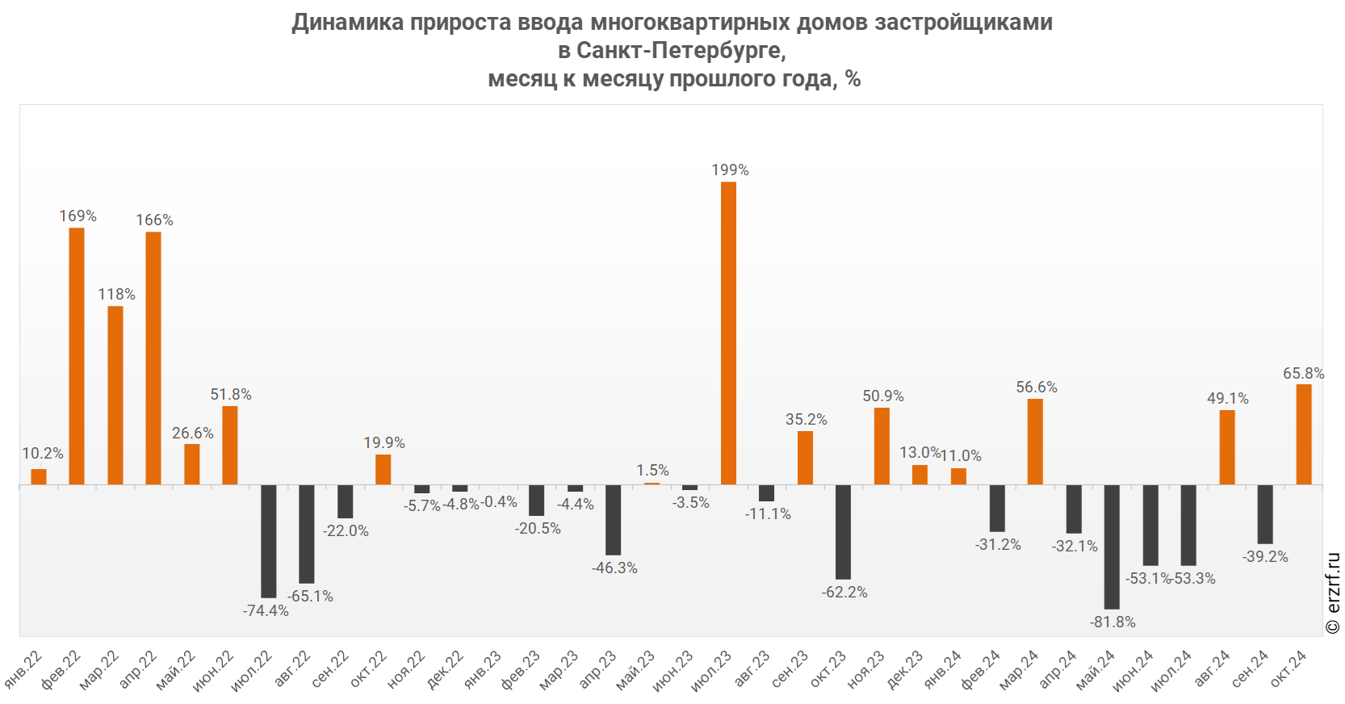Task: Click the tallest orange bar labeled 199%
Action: click(x=728, y=333)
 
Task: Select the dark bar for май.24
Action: click(x=1112, y=547)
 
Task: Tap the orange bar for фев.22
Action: click(x=77, y=356)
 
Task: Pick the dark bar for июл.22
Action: click(x=268, y=541)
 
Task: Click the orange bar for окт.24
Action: click(x=1304, y=434)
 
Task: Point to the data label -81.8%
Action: click(x=1112, y=622)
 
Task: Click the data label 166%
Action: click(x=154, y=220)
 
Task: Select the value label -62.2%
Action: click(x=844, y=593)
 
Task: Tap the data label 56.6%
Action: click(x=1037, y=388)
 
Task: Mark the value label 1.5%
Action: click(x=652, y=471)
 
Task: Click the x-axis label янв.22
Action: click(x=24, y=669)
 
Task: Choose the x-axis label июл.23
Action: click(x=711, y=670)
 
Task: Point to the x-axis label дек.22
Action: click(x=446, y=669)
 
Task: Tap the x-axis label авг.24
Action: click(x=1213, y=668)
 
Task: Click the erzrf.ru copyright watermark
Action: click(x=1332, y=593)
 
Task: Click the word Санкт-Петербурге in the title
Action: click(x=681, y=51)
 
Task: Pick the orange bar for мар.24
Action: click(x=1035, y=442)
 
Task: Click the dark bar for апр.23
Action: click(x=613, y=520)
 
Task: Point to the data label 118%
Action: click(x=116, y=295)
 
